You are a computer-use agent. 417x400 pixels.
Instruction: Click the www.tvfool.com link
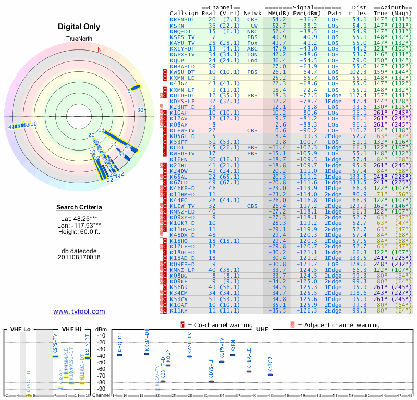pos(79,311)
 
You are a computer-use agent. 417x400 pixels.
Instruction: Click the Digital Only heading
pos(79,27)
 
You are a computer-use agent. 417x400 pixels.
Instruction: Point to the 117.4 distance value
pos(359,96)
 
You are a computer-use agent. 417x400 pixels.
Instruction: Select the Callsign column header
pos(183,12)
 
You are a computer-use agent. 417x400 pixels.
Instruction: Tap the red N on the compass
pos(100,50)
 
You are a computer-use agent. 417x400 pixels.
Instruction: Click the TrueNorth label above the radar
pos(79,39)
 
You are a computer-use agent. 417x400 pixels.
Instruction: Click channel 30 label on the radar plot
pos(140,110)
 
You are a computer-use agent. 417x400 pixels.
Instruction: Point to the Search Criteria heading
pos(79,208)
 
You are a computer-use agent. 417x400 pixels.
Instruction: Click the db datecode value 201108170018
pos(79,257)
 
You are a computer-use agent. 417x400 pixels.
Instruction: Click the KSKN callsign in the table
pos(177,25)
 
